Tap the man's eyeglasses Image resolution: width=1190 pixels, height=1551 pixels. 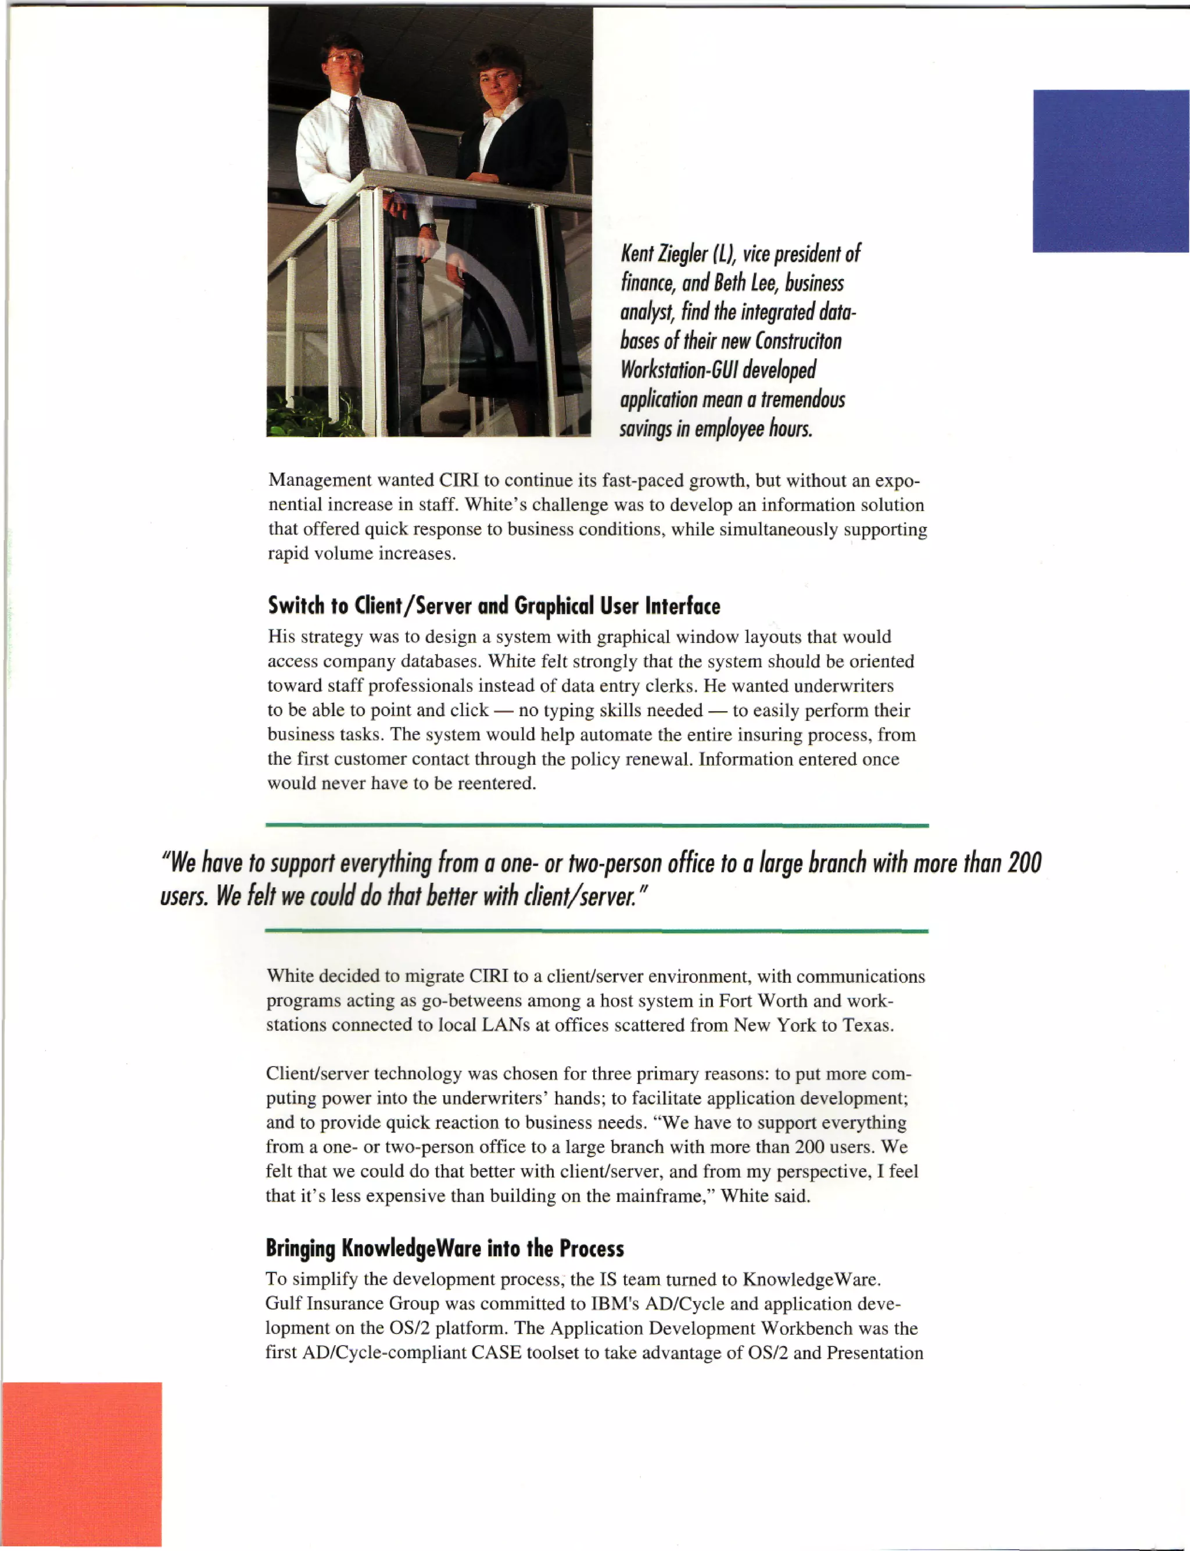[345, 57]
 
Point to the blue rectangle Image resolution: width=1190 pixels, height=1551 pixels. [1110, 171]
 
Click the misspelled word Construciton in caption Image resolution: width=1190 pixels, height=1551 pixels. [798, 341]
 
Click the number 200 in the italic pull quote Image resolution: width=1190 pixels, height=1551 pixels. [1024, 863]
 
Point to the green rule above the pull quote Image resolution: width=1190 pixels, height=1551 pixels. [596, 825]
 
